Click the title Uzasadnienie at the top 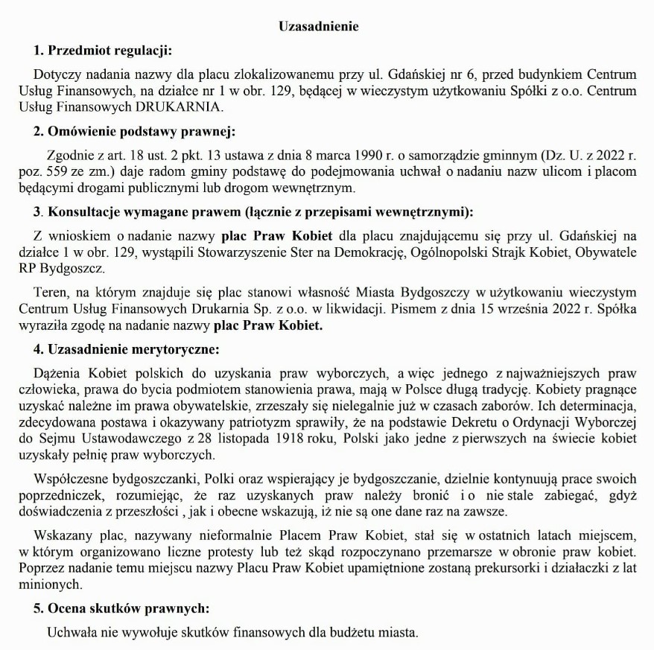(x=318, y=27)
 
